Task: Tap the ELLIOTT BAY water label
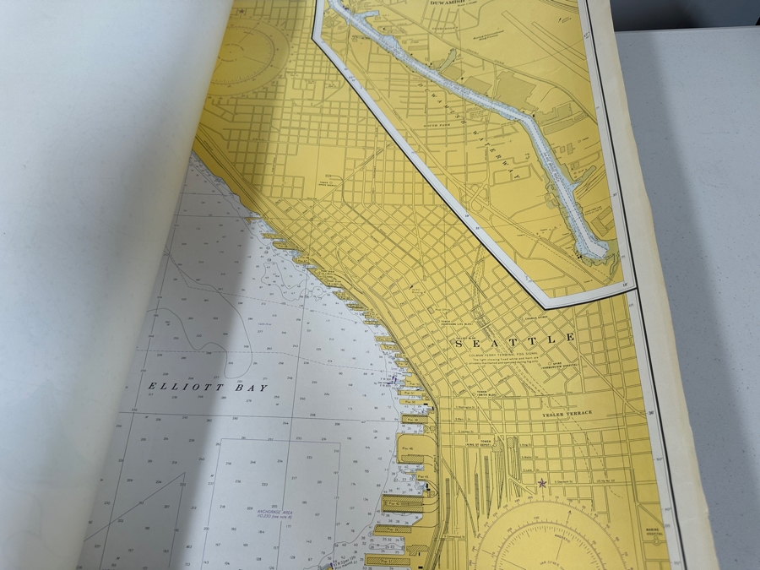point(207,388)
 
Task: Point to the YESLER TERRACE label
point(567,413)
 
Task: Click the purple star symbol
point(541,483)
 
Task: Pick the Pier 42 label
point(390,502)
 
